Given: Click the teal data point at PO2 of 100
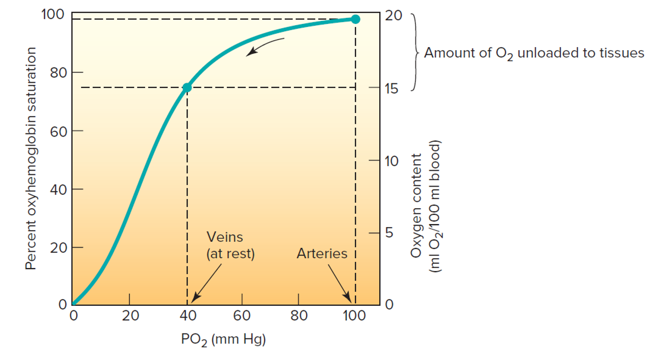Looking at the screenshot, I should click(355, 19).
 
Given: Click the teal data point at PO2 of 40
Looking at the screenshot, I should click(187, 87).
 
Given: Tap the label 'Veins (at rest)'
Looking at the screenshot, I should click(230, 245).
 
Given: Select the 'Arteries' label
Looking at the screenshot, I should click(322, 253).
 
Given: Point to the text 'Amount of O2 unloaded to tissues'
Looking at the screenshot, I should click(534, 53).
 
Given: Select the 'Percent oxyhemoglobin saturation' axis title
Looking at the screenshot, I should click(32, 159).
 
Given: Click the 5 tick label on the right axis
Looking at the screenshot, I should click(390, 233).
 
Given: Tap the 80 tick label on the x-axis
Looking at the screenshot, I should click(298, 316).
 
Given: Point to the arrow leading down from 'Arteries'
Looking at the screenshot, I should click(339, 283).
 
